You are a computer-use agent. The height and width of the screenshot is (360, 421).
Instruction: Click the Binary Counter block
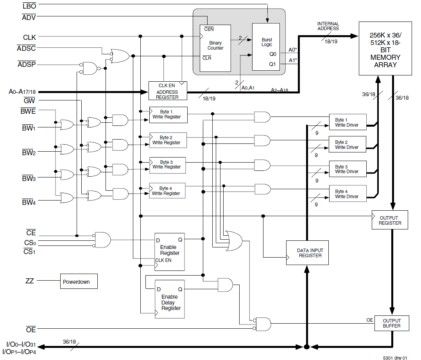point(215,48)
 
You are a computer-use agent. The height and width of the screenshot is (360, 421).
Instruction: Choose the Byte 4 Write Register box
point(167,191)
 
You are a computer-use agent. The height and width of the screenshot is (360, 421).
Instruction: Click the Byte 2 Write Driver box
point(348,145)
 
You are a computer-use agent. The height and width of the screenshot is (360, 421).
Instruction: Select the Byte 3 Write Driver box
point(348,169)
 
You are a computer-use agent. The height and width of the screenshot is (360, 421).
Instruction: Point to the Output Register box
point(389,220)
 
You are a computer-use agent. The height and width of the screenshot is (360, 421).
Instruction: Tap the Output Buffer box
point(392,323)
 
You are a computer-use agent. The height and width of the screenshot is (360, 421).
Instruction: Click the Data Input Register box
point(307,253)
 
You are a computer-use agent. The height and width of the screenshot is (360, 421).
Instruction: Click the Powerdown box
point(79,281)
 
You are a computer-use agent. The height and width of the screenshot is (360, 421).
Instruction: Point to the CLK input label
point(29,38)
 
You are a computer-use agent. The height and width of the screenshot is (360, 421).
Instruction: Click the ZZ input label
point(30,281)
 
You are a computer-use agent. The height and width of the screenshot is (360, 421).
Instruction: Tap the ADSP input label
point(27,64)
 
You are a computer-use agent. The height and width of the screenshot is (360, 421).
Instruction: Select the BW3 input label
point(29,179)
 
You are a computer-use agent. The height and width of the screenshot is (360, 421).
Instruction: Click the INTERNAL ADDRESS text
point(328,26)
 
